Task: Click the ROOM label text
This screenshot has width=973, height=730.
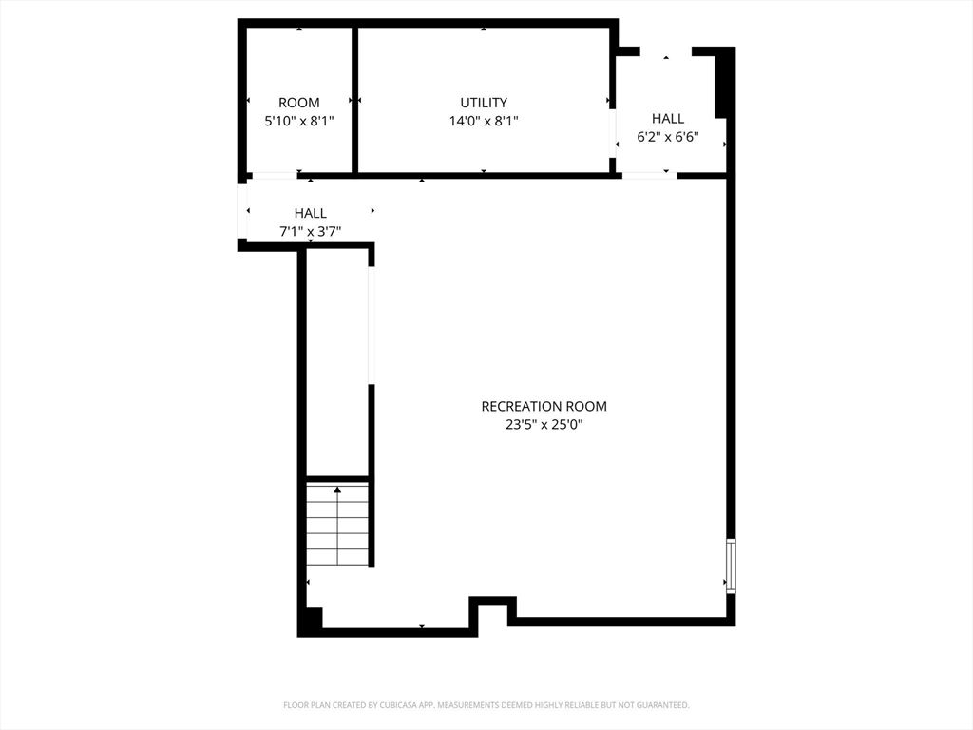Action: pyautogui.click(x=298, y=103)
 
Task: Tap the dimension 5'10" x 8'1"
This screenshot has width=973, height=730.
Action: pyautogui.click(x=298, y=121)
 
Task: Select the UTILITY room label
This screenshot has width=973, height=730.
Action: pyautogui.click(x=484, y=103)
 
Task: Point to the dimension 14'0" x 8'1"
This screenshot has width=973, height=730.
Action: pyautogui.click(x=484, y=121)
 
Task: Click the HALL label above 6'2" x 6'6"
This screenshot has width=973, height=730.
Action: pyautogui.click(x=667, y=118)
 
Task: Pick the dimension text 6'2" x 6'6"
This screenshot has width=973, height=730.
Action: pyautogui.click(x=667, y=136)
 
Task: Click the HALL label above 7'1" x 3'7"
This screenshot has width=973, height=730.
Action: pyautogui.click(x=310, y=213)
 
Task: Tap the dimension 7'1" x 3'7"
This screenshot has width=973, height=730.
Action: pyautogui.click(x=310, y=231)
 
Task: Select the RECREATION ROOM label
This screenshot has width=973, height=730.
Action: pyautogui.click(x=544, y=406)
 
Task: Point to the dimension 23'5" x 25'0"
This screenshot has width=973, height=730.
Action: pyautogui.click(x=544, y=425)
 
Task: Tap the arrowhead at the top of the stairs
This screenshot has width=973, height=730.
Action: pyautogui.click(x=337, y=490)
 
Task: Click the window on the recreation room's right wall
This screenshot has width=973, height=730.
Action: pyautogui.click(x=730, y=566)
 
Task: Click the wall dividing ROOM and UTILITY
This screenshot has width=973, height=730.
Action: pyautogui.click(x=354, y=100)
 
